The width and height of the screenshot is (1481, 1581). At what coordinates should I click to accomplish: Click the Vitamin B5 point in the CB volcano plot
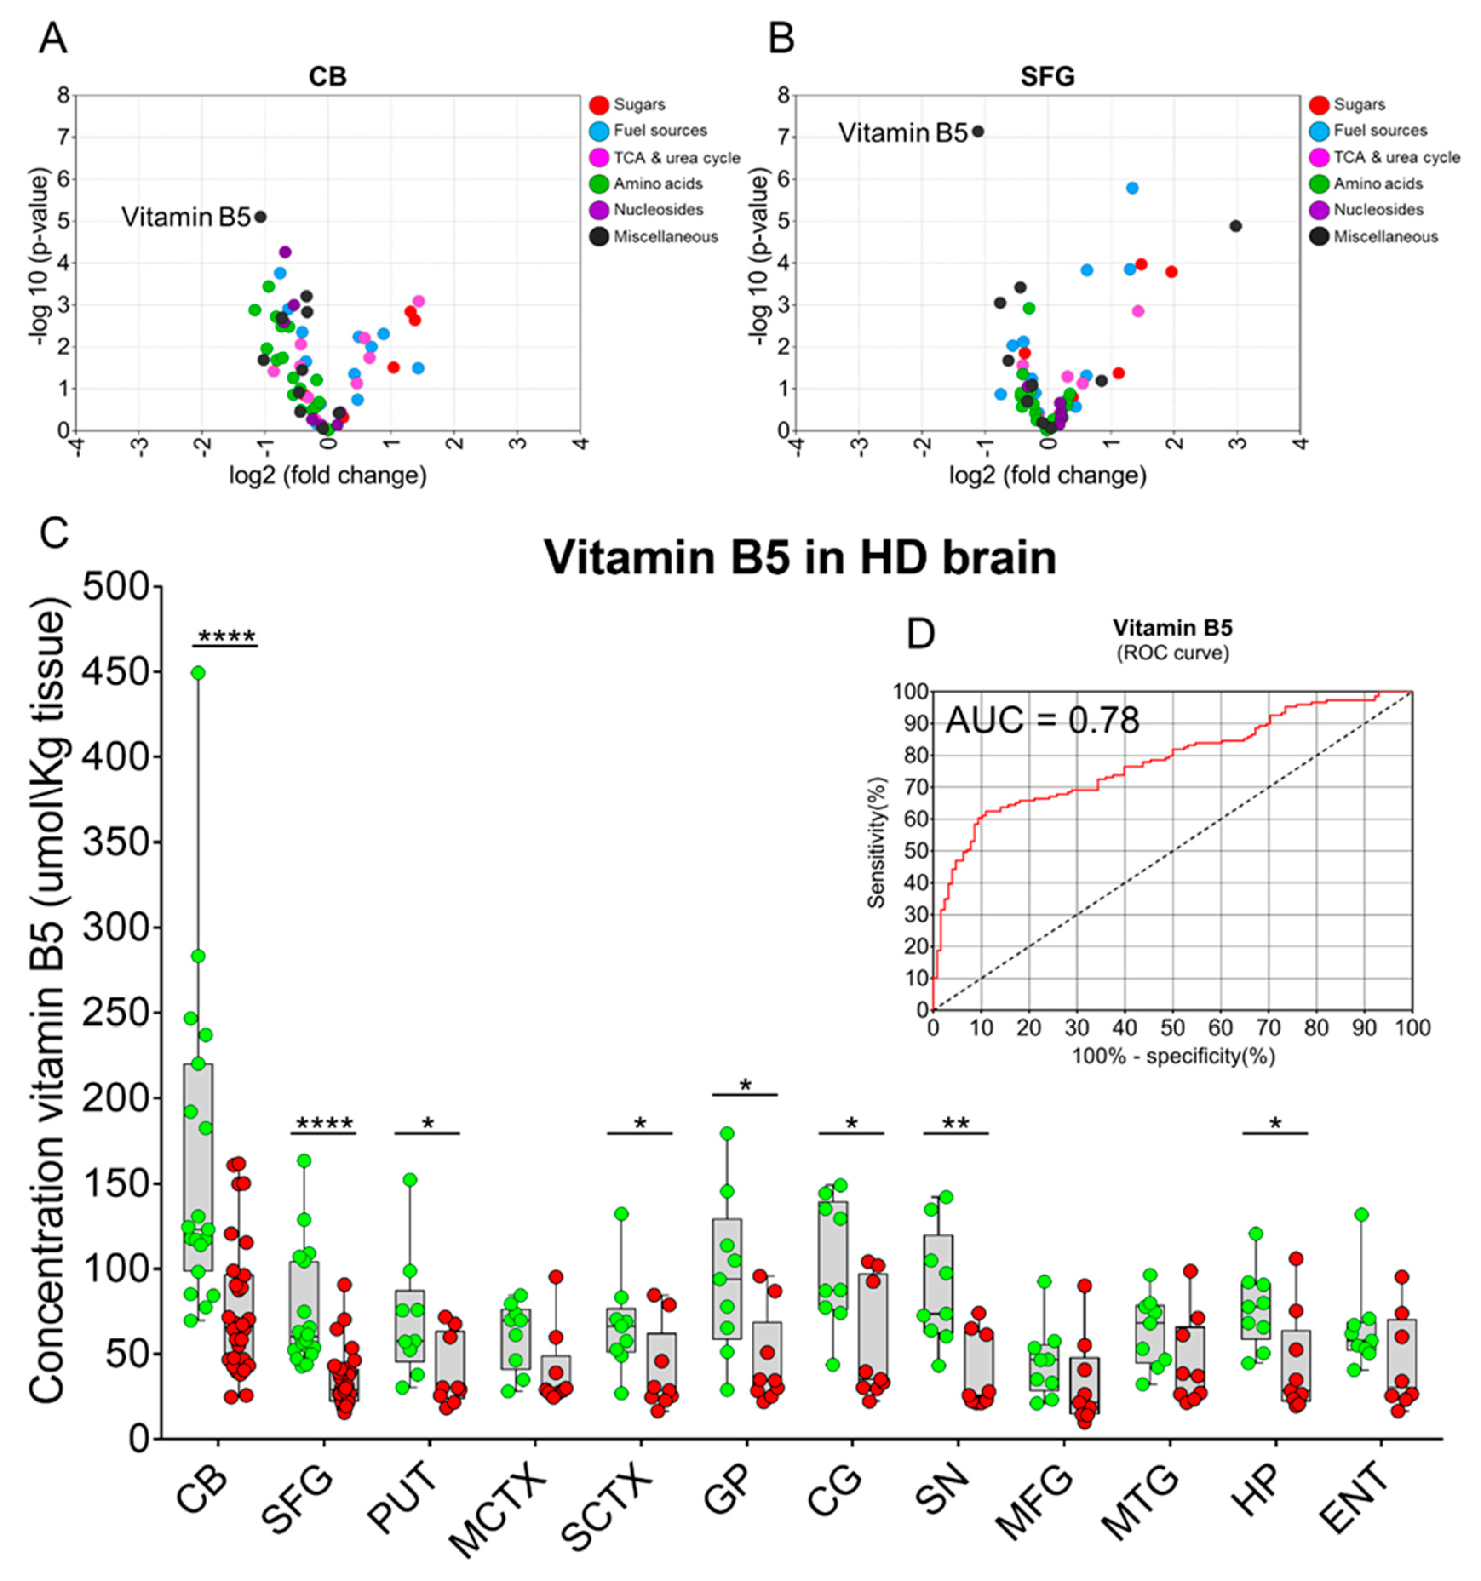coord(260,216)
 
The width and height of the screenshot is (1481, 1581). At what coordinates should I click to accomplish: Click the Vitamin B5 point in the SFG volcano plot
coord(978,131)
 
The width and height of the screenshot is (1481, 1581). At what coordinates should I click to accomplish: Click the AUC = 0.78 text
coord(1042,721)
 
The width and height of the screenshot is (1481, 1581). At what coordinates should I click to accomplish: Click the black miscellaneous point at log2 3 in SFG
coord(1235,226)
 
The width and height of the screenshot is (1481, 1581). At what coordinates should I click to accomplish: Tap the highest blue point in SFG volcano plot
coord(1132,188)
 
